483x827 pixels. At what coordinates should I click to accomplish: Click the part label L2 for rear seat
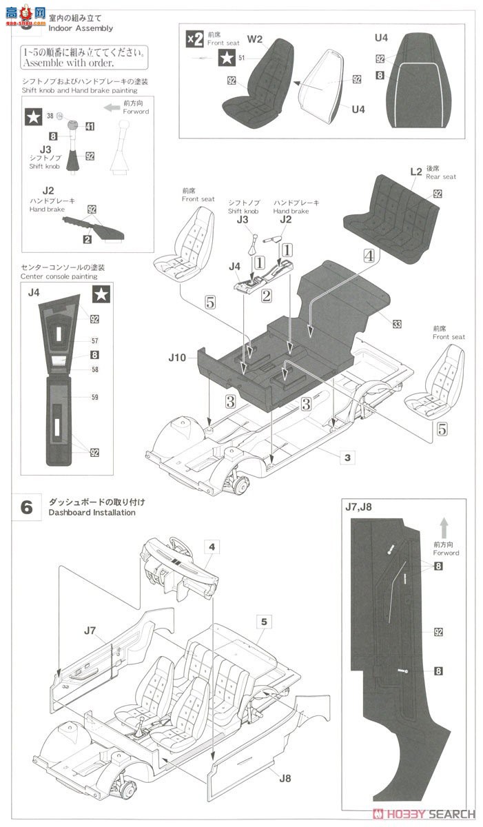pos(415,170)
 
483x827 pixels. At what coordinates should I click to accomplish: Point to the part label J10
pos(177,358)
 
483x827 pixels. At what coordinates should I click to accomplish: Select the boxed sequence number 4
pos(369,255)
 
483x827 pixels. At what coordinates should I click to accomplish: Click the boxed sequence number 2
pos(265,296)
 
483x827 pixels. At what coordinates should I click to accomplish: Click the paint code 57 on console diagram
pos(94,341)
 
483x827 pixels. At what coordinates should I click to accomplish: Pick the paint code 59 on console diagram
pos(94,396)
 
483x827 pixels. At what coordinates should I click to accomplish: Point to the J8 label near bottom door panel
pos(285,778)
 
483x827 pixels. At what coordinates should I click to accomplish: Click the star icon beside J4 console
pos(101,294)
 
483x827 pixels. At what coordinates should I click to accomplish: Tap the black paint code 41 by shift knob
pos(90,126)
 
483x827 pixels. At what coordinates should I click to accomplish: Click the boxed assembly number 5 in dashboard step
pos(263,621)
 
